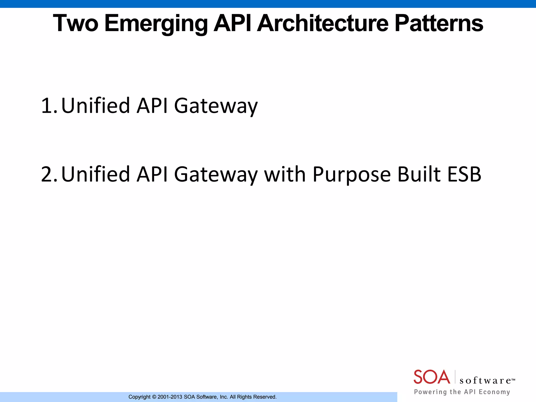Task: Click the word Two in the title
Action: (x=76, y=23)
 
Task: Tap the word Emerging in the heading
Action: (x=156, y=24)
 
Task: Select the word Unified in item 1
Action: (x=96, y=105)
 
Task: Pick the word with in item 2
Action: (x=285, y=174)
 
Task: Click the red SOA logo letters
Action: (x=432, y=377)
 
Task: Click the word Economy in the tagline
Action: (x=494, y=392)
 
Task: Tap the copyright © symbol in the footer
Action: (x=154, y=397)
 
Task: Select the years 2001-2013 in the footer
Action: (x=170, y=397)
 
